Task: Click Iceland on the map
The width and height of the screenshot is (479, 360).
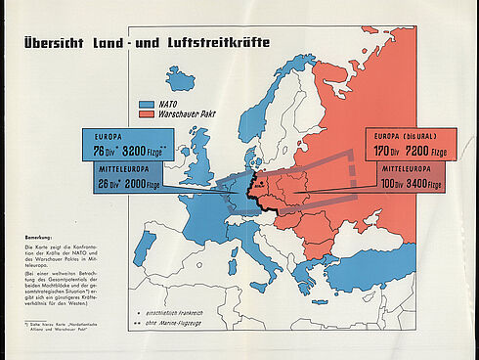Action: [180, 76]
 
